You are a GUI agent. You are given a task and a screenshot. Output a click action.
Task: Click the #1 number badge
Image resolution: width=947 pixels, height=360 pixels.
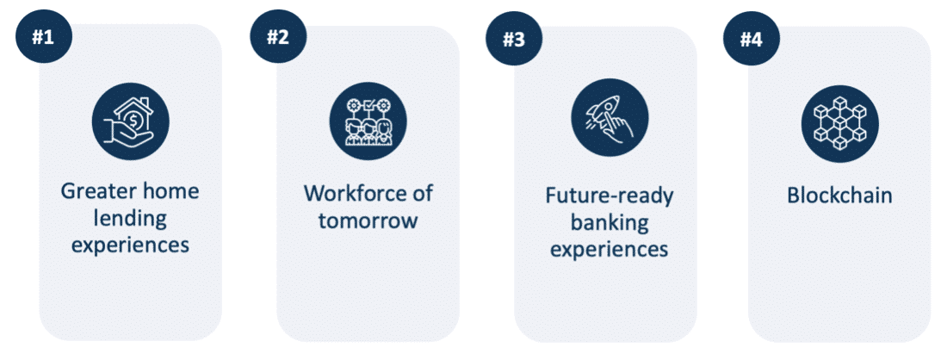coord(44,36)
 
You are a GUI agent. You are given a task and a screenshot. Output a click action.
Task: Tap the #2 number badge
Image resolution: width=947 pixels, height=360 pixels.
coord(278,36)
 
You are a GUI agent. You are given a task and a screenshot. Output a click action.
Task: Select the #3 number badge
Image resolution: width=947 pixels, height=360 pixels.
coord(514,40)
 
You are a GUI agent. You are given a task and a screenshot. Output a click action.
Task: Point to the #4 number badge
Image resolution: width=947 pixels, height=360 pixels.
coord(752,40)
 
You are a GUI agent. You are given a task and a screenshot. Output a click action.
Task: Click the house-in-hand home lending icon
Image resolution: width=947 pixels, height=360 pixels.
coord(131,121)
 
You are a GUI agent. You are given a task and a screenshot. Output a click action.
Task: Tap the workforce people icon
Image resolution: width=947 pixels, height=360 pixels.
coord(368,121)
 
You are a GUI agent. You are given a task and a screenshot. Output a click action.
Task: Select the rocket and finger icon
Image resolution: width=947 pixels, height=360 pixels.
coord(610,117)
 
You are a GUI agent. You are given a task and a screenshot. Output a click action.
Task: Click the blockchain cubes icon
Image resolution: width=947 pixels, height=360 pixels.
coord(840,122)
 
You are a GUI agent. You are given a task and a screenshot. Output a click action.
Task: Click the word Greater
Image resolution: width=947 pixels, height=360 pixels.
coord(94,192)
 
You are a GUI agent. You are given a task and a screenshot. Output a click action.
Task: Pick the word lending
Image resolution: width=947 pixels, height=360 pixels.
coord(131,219)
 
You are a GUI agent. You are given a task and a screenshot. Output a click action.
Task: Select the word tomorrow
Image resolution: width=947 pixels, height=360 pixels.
coord(368,220)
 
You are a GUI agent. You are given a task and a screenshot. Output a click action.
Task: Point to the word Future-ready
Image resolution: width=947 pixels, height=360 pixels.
coord(610,196)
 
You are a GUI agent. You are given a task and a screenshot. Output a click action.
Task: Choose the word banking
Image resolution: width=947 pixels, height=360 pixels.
coord(610,223)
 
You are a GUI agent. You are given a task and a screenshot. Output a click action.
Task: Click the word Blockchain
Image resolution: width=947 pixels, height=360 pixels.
coord(840,196)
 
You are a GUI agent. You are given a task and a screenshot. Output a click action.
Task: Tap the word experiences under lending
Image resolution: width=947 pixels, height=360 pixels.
coord(131,245)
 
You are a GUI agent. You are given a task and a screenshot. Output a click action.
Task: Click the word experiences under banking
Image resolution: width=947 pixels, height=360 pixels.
coord(610,250)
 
